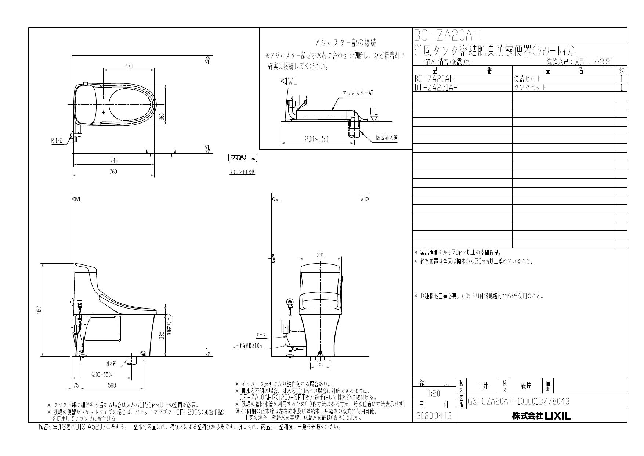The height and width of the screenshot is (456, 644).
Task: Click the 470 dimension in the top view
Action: click(x=129, y=66)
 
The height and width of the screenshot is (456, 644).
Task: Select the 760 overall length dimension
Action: click(x=113, y=171)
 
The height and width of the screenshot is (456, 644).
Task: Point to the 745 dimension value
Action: click(x=113, y=161)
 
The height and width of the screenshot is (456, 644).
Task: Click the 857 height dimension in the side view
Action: click(x=39, y=310)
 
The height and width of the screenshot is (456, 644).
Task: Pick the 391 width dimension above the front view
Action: click(x=321, y=255)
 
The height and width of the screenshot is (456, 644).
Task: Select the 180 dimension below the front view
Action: click(x=321, y=364)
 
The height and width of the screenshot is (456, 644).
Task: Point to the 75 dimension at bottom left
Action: click(x=76, y=385)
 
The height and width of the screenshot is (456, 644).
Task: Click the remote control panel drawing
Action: click(x=242, y=158)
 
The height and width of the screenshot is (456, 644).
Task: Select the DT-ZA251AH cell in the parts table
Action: click(x=436, y=88)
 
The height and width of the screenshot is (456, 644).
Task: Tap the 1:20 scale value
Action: click(x=434, y=394)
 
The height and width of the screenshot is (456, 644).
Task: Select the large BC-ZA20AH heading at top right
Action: click(x=447, y=36)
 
